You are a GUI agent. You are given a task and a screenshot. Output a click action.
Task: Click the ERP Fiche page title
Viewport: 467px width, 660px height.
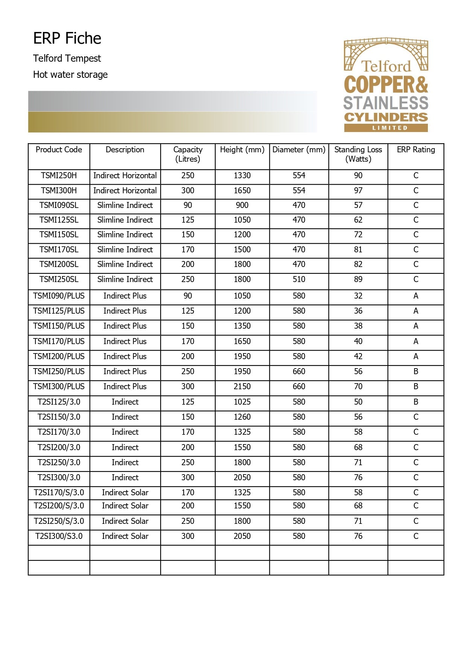click(x=67, y=38)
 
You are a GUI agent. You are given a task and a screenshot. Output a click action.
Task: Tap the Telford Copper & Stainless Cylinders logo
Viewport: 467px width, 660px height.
click(x=386, y=85)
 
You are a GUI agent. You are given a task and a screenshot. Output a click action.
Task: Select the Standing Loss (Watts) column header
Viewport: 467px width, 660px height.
click(x=358, y=154)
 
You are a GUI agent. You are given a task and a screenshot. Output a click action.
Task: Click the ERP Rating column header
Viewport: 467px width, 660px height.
click(x=415, y=150)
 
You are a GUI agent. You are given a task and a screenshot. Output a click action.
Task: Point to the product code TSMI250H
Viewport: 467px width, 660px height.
click(x=59, y=176)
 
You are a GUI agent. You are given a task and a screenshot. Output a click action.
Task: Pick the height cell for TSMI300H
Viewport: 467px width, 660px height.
click(x=242, y=191)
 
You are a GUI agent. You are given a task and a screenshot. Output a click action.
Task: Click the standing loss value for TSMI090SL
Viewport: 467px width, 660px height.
click(x=358, y=205)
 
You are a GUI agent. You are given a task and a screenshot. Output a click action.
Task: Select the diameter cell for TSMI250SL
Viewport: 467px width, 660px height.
click(x=299, y=279)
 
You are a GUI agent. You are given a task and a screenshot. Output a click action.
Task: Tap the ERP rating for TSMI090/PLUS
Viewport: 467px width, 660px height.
click(x=415, y=296)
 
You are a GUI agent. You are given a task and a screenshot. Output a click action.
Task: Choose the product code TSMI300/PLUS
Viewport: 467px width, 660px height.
click(x=59, y=387)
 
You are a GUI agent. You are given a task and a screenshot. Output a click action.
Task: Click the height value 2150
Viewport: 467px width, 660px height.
click(x=242, y=387)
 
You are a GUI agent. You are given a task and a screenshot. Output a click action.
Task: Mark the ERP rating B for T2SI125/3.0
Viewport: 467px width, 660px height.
click(x=415, y=402)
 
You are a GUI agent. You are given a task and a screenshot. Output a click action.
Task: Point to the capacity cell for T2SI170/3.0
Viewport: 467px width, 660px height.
click(x=187, y=432)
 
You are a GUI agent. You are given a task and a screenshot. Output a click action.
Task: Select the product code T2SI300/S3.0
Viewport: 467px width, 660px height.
click(x=59, y=536)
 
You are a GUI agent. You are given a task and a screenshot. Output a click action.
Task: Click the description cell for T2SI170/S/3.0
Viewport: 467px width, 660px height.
click(x=125, y=493)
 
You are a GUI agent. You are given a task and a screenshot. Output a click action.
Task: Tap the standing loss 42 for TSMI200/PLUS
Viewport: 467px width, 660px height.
click(x=358, y=357)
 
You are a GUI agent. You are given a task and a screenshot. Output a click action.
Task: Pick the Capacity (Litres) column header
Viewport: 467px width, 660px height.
click(x=187, y=154)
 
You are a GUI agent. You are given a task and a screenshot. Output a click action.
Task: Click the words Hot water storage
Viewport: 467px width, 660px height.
click(x=70, y=74)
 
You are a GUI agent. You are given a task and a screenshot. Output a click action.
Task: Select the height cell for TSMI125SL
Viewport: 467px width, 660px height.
click(x=242, y=220)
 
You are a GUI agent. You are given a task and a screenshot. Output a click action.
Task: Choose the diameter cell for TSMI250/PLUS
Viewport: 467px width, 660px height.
click(x=299, y=372)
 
